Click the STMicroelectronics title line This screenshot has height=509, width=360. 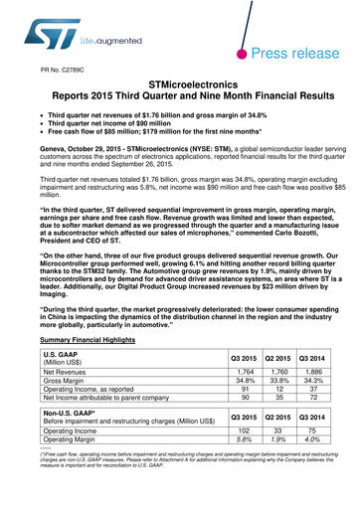pos(179,88)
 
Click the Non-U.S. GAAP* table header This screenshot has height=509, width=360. pos(67,417)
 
